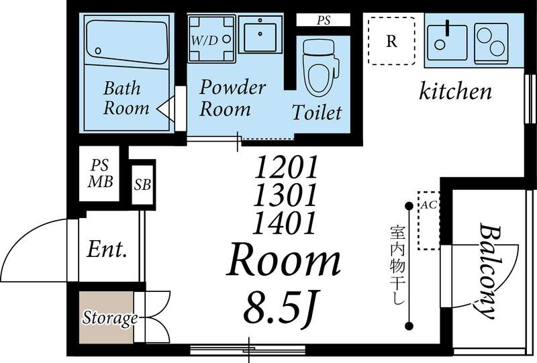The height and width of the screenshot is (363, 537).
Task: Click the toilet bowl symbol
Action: pyautogui.click(x=321, y=68)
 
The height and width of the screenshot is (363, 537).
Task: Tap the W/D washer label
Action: pyautogui.click(x=205, y=41)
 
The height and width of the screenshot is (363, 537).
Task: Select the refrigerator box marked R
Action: pyautogui.click(x=391, y=41)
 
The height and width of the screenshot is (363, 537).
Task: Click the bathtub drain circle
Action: pyautogui.click(x=98, y=51)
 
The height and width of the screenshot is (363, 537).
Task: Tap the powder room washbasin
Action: pyautogui.click(x=260, y=34)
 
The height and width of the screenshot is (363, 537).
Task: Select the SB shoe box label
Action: pyautogui.click(x=142, y=185)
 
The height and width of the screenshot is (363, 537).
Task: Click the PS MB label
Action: pyautogui.click(x=100, y=174)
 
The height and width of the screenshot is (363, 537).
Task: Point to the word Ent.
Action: pyautogui.click(x=107, y=249)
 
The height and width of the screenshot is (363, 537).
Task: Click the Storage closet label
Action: pyautogui.click(x=110, y=318)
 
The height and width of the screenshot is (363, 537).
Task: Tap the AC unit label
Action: pyautogui.click(x=428, y=205)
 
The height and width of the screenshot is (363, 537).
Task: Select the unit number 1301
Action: pyautogui.click(x=285, y=195)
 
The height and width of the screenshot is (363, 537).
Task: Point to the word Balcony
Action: pyautogui.click(x=488, y=270)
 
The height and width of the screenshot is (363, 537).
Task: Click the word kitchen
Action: pyautogui.click(x=456, y=91)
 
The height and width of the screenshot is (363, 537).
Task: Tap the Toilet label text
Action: pyautogui.click(x=317, y=112)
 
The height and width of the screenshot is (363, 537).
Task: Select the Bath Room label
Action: pyautogui.click(x=126, y=98)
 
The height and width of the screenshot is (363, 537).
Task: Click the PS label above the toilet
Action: pyautogui.click(x=324, y=20)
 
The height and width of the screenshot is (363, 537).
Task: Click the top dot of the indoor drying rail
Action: pyautogui.click(x=409, y=206)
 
